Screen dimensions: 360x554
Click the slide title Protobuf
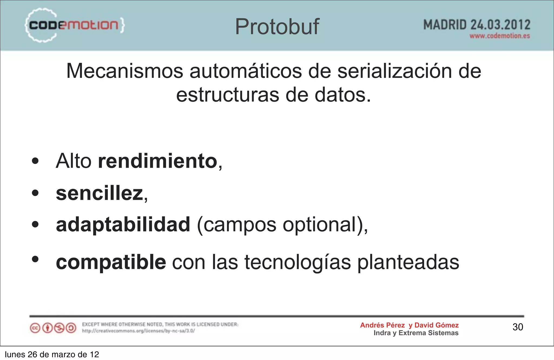click(277, 26)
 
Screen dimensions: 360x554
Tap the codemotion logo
click(74, 25)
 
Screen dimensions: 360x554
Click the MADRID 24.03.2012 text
click(477, 25)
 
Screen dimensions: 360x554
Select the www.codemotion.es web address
click(499, 36)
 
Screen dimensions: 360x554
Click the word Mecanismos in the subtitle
click(125, 71)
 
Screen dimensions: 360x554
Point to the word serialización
click(395, 71)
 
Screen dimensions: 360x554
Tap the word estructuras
click(228, 95)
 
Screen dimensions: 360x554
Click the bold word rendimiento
click(158, 161)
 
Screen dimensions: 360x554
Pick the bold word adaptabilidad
click(123, 225)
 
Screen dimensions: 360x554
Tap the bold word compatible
click(111, 262)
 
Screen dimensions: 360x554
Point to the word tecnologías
click(298, 262)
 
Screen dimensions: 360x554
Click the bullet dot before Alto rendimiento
click(35, 161)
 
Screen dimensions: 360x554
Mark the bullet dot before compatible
click(35, 259)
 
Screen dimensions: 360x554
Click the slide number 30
click(518, 327)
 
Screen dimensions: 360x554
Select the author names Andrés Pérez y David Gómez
click(409, 325)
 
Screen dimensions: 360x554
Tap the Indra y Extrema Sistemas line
click(416, 333)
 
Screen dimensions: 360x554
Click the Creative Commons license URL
click(138, 331)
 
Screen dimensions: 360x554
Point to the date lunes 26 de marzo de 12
click(52, 354)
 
